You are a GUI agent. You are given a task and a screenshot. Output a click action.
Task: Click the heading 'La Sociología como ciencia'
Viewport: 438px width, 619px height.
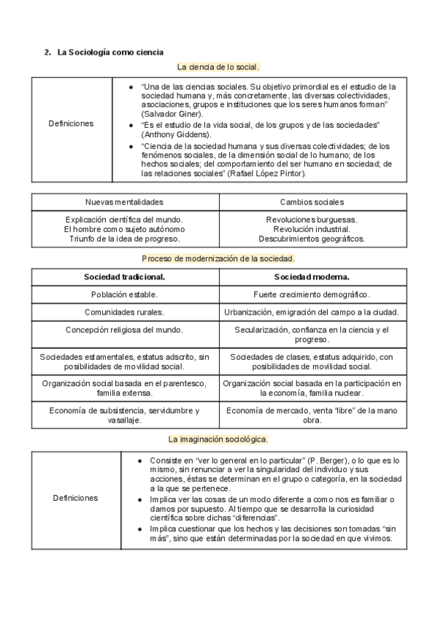pyautogui.click(x=110, y=52)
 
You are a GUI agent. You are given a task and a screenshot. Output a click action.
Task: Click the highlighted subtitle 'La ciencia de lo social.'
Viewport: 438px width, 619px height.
pyautogui.click(x=218, y=67)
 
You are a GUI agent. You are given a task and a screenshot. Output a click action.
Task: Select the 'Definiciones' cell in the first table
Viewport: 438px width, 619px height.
pyautogui.click(x=71, y=123)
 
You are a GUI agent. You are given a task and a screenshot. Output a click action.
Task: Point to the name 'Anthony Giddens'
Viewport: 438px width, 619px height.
pyautogui.click(x=167, y=135)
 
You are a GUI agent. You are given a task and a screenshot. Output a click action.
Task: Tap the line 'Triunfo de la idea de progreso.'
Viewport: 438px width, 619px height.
pyautogui.click(x=124, y=238)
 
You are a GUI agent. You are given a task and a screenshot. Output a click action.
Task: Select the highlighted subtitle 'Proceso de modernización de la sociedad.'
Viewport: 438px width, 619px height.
pyautogui.click(x=218, y=258)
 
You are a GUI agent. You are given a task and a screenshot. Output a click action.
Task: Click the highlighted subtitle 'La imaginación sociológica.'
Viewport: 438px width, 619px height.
pyautogui.click(x=218, y=439)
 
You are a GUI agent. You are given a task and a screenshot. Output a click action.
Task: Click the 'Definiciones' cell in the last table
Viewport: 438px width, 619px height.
pyautogui.click(x=75, y=498)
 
